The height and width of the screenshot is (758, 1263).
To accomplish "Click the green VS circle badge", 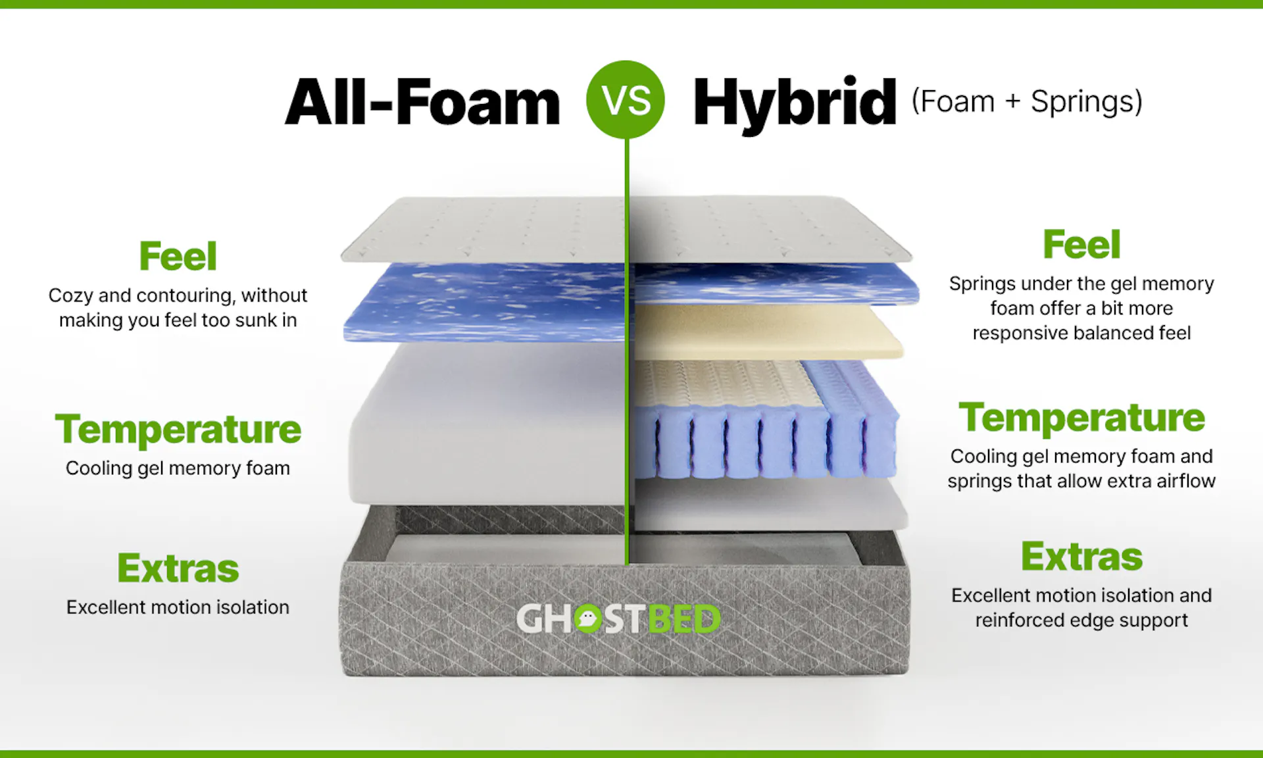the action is click(x=626, y=100).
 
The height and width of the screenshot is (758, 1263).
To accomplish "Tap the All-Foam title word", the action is click(x=422, y=102).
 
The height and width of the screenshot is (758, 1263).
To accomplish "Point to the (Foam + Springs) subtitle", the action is click(x=1027, y=102).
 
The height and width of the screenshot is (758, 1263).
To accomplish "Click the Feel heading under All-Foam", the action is click(x=178, y=256).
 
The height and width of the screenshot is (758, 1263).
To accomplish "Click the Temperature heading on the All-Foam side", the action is click(x=178, y=430).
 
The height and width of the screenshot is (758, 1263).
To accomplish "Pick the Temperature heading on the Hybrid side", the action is click(x=1081, y=418).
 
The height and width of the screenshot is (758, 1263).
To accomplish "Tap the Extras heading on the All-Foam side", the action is click(x=178, y=568).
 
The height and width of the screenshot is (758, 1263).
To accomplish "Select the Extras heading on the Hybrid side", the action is click(x=1081, y=557).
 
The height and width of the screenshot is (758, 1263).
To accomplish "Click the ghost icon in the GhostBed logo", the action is click(x=587, y=619).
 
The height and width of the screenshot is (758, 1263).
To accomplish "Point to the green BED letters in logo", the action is click(x=684, y=619).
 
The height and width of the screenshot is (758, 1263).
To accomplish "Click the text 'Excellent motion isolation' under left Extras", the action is click(x=178, y=607).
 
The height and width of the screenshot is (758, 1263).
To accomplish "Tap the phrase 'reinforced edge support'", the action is click(x=1081, y=620).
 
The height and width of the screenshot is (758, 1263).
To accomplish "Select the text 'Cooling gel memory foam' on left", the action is click(x=178, y=468).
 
